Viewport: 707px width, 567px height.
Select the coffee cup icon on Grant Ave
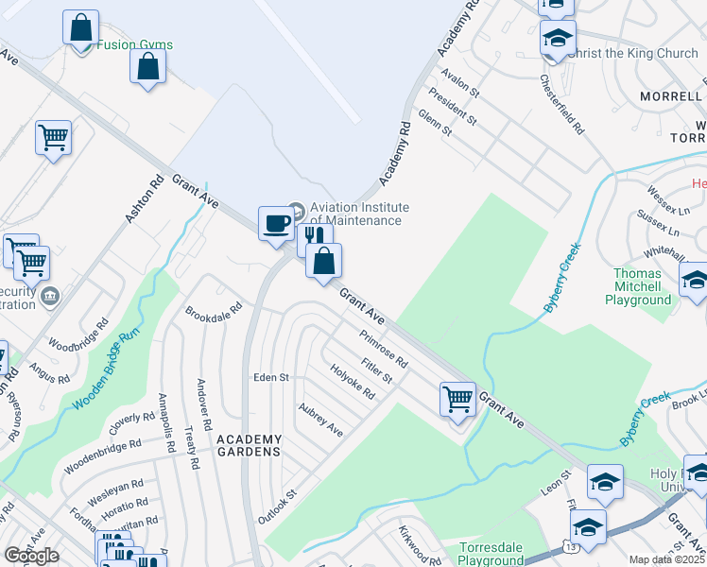pyautogui.click(x=276, y=223)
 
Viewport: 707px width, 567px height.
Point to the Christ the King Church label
pyautogui.click(x=633, y=53)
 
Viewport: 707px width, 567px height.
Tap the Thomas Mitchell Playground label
pyautogui.click(x=638, y=286)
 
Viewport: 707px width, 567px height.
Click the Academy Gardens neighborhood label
pyautogui.click(x=249, y=445)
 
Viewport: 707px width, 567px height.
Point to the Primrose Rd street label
pyautogui.click(x=383, y=349)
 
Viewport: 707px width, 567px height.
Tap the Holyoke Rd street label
pyautogui.click(x=353, y=382)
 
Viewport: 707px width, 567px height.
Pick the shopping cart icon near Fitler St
pyautogui.click(x=457, y=398)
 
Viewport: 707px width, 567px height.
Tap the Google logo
pyautogui.click(x=31, y=556)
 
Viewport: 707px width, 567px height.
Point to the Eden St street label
pyautogui.click(x=270, y=377)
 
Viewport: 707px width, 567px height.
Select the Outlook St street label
pyautogui.click(x=278, y=507)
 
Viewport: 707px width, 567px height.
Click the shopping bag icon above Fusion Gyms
pyautogui.click(x=81, y=27)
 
